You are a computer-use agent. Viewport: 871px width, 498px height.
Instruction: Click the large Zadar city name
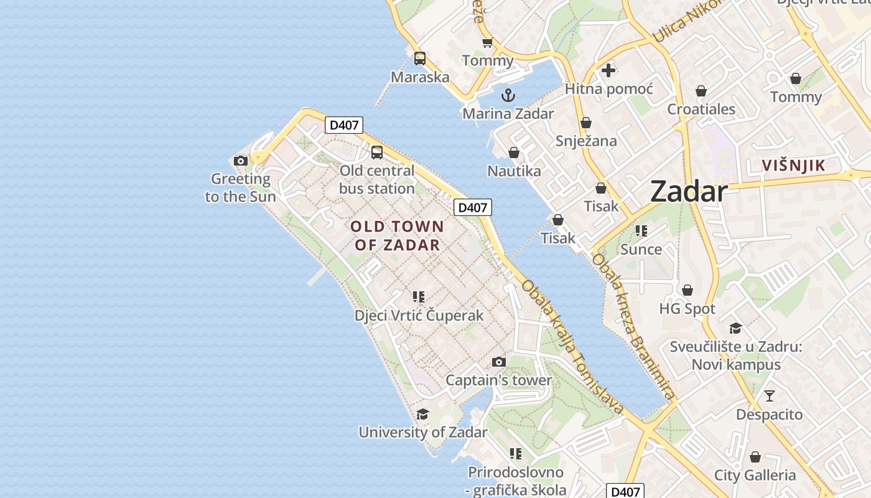click(689, 191)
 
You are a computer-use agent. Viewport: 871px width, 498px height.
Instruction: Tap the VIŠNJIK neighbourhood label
click(794, 165)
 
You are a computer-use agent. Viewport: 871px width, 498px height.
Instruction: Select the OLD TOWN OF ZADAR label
click(398, 235)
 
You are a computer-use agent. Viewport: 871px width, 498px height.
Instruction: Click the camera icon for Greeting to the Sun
click(241, 161)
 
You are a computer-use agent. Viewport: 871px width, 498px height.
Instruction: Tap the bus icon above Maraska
click(420, 59)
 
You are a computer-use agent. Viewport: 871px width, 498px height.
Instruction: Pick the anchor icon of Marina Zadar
click(508, 95)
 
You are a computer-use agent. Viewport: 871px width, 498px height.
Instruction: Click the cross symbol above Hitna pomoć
click(608, 70)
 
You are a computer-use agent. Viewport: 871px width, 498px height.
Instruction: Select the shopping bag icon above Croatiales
click(701, 91)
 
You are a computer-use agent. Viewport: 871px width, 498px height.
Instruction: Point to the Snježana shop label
click(587, 141)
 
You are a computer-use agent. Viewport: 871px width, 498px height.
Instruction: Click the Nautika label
click(514, 171)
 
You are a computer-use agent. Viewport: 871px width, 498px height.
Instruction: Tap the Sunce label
click(641, 249)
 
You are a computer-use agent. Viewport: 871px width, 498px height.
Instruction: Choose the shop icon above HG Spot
click(687, 290)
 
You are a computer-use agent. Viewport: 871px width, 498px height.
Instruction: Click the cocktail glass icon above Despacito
click(770, 395)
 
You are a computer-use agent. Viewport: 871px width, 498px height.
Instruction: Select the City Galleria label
click(755, 475)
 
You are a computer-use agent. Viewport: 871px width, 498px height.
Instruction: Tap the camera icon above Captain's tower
click(498, 362)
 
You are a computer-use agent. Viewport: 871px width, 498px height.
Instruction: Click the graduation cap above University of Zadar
click(423, 414)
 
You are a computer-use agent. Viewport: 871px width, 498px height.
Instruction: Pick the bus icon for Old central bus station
click(377, 152)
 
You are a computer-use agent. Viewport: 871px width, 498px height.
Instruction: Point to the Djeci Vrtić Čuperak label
click(419, 316)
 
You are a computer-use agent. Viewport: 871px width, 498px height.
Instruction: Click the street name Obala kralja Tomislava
click(572, 347)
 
